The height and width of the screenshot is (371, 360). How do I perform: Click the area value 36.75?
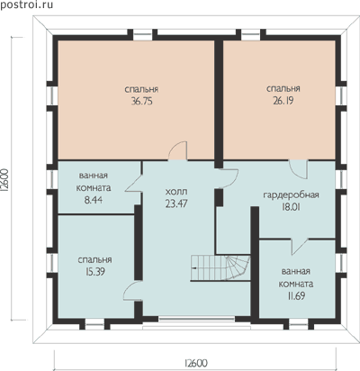(141, 102)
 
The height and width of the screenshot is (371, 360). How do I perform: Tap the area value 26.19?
(283, 101)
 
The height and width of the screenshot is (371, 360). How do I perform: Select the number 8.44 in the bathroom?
(94, 200)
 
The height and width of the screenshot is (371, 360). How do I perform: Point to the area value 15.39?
(94, 272)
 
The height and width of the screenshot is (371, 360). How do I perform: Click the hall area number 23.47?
(176, 204)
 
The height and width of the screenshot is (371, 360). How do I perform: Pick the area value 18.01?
(291, 207)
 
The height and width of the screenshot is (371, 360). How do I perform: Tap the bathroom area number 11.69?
(296, 296)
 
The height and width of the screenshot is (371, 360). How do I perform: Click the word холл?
(176, 192)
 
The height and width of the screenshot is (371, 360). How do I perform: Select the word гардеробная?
(291, 195)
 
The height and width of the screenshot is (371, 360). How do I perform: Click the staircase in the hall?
(220, 267)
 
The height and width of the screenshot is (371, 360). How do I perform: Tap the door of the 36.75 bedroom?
(178, 151)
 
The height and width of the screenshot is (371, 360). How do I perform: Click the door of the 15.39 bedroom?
(132, 291)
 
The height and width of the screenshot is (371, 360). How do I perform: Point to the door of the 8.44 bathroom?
(133, 183)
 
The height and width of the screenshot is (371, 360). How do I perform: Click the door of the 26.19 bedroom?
(298, 169)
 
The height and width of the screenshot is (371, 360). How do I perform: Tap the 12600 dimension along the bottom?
(195, 363)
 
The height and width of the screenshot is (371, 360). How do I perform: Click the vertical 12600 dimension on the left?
(5, 180)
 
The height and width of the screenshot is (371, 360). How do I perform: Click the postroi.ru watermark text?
(26, 5)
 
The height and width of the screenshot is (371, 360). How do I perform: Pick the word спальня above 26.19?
(283, 89)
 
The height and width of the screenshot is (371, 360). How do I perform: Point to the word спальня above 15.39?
(94, 260)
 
